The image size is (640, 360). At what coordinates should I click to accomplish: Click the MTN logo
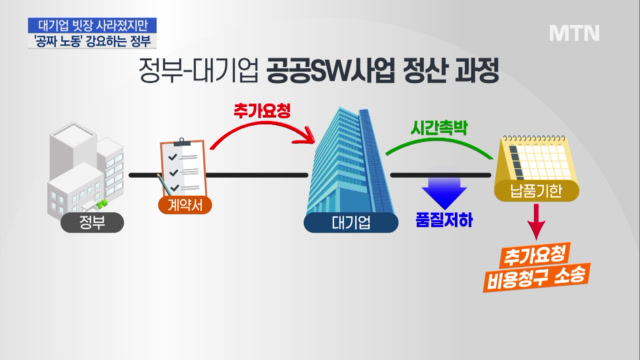click(574, 33)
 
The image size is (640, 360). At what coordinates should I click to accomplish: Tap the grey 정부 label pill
click(92, 222)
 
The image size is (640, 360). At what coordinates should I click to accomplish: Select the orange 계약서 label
click(185, 205)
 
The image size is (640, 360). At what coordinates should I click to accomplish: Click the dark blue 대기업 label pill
click(351, 223)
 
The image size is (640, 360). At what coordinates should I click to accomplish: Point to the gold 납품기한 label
click(536, 191)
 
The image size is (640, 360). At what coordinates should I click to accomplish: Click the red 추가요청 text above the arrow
click(262, 111)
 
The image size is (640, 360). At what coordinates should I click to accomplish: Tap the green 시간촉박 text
click(439, 128)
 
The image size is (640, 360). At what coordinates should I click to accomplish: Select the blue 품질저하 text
click(444, 220)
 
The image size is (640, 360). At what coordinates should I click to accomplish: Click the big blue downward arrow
click(444, 193)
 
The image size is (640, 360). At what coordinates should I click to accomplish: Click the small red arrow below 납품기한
click(536, 222)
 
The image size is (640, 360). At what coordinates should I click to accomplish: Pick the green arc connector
click(439, 141)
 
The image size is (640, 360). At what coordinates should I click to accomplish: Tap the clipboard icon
click(183, 168)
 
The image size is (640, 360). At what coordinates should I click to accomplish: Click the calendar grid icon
click(536, 159)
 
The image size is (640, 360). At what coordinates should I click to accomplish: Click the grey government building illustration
click(86, 169)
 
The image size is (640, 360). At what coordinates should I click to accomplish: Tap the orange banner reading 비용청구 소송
click(537, 278)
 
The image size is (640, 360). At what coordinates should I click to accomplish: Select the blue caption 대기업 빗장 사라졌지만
click(92, 25)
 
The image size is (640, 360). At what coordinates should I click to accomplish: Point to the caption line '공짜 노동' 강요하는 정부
click(92, 41)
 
